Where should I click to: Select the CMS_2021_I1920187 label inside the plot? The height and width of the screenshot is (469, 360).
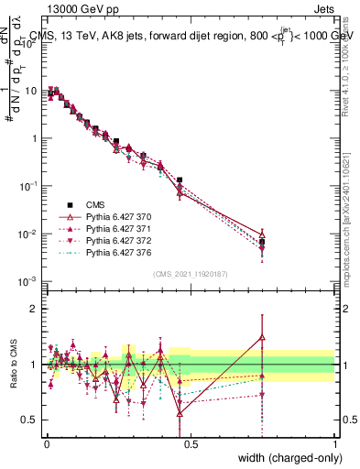(x=190, y=274)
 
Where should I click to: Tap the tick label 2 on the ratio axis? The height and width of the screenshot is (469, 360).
(x=34, y=309)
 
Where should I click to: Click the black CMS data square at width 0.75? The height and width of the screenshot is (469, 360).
(x=262, y=242)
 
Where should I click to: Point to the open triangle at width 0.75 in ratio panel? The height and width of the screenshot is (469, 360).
(x=262, y=337)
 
